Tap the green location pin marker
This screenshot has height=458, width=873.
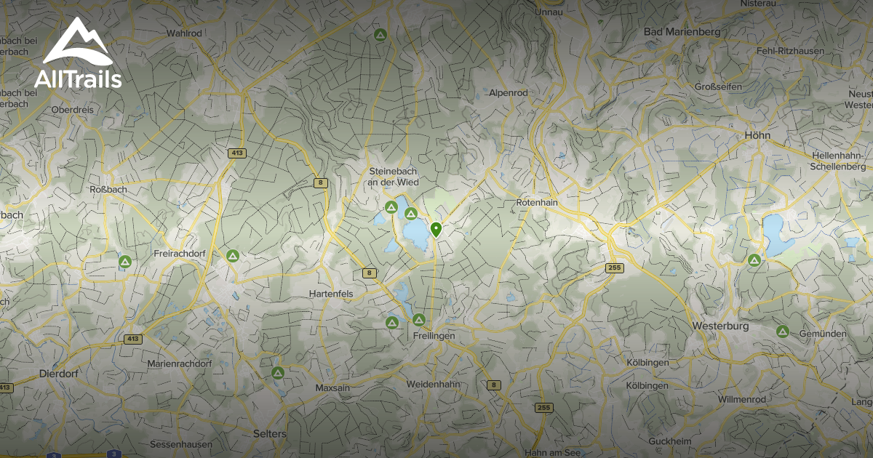[436, 230]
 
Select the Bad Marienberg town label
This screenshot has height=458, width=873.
[682, 32]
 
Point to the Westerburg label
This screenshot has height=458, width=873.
[721, 326]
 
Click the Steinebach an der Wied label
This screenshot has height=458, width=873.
[393, 176]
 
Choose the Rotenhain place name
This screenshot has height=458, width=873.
[536, 203]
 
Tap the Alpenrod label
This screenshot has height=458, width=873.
[508, 93]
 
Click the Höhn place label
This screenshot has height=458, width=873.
[757, 135]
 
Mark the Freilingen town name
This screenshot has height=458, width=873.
[434, 337]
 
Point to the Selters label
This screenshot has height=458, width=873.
[269, 433]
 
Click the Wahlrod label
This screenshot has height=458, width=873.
[183, 33]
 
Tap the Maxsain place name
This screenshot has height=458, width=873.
[332, 388]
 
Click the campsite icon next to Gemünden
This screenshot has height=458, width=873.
[783, 332]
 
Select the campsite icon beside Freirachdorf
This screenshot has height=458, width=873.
[232, 255]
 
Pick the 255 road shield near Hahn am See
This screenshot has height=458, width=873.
[543, 408]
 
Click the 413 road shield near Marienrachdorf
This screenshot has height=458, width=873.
[132, 339]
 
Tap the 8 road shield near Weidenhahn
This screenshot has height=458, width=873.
[495, 385]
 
